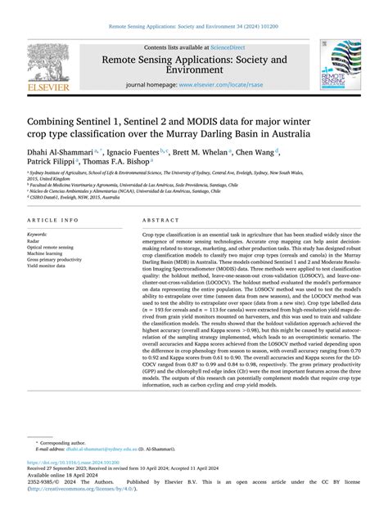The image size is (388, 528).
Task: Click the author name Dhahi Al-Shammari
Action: pos(58,151)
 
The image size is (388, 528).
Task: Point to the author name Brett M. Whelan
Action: pos(201,151)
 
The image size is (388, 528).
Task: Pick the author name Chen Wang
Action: pos(256,151)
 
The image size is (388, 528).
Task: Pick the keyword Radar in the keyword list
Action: pos(35,239)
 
